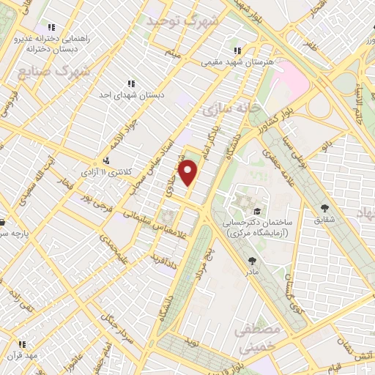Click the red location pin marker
tap(189, 173)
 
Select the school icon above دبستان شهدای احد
tap(131, 83)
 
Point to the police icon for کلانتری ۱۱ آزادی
tap(106, 160)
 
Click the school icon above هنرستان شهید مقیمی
tap(236, 51)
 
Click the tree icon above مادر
tap(253, 260)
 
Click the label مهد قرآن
tap(29, 354)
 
